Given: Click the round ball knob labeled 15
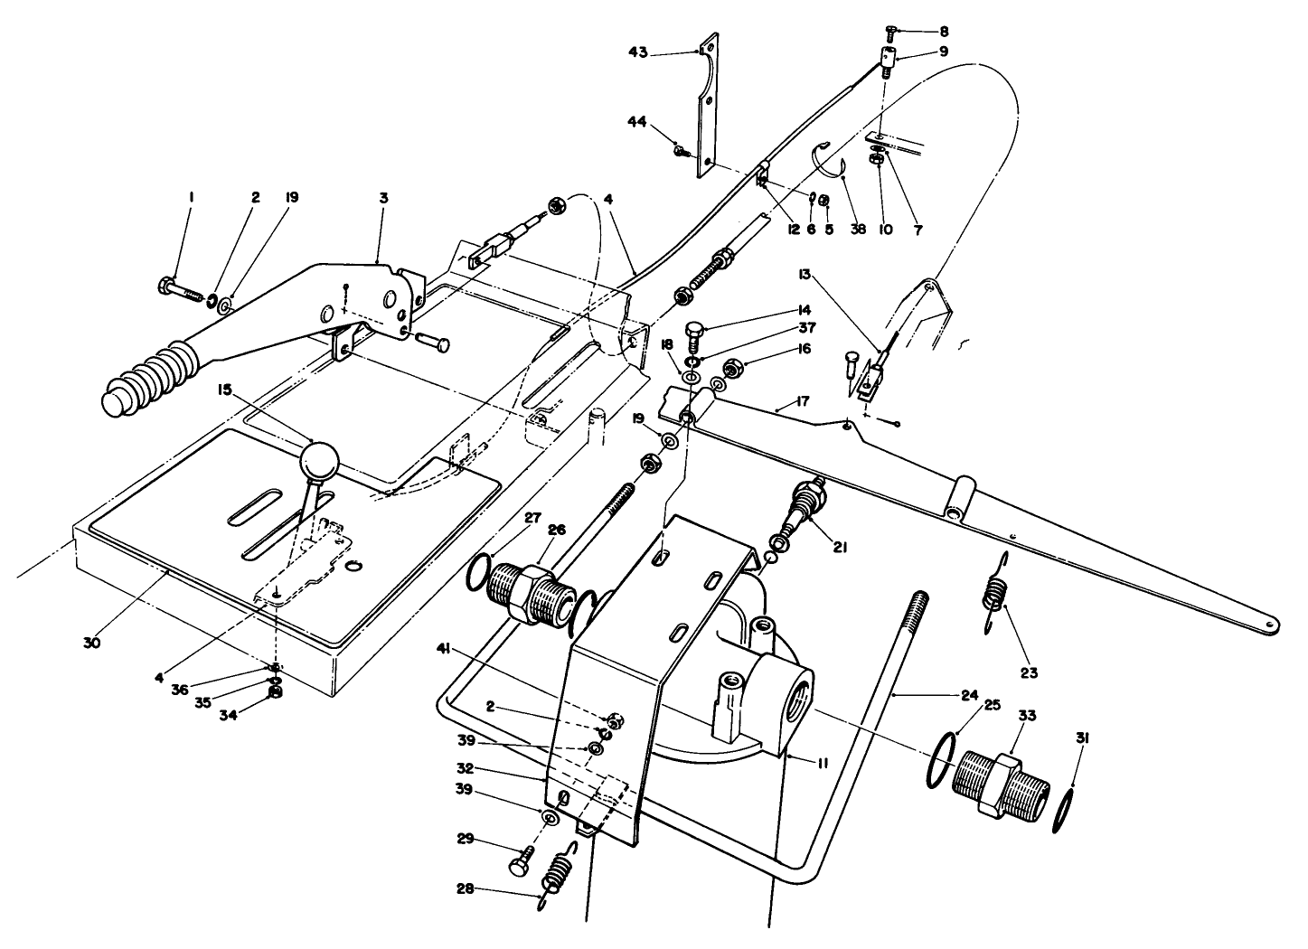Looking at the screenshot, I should tap(319, 462).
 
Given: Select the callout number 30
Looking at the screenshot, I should tap(92, 644).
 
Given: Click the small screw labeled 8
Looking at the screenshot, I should tap(889, 34).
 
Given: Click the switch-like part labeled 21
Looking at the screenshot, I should tap(806, 507).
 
